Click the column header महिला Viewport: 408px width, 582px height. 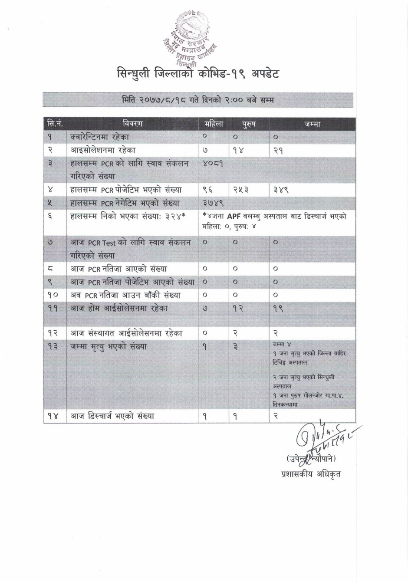tap(214, 124)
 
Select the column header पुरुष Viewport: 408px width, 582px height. tap(248, 125)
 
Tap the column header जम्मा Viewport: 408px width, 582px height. tap(312, 125)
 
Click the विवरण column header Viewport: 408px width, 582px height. tap(132, 124)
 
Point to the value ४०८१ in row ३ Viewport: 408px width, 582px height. tap(213, 164)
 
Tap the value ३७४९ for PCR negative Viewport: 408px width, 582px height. tap(213, 203)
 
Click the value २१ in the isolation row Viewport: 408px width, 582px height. tap(278, 151)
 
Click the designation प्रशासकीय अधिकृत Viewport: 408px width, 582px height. tap(311, 473)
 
